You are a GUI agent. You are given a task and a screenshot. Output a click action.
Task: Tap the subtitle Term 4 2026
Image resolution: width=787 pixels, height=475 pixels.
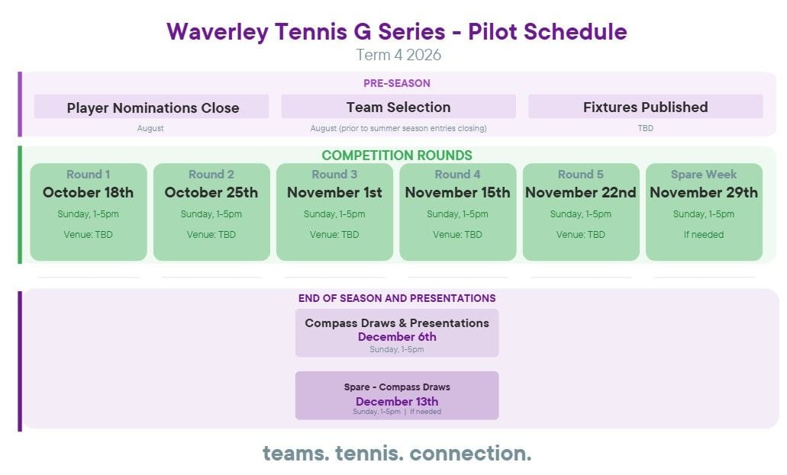pyautogui.click(x=398, y=55)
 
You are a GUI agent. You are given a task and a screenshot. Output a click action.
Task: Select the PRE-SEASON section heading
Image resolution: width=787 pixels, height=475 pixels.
pyautogui.click(x=396, y=83)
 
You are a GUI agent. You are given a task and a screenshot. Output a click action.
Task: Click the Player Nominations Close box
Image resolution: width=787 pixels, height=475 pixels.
pyautogui.click(x=152, y=107)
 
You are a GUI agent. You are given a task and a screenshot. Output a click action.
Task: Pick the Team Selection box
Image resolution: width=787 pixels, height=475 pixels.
pyautogui.click(x=398, y=107)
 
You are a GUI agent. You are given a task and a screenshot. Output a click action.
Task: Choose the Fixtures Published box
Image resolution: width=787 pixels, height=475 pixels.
pyautogui.click(x=646, y=107)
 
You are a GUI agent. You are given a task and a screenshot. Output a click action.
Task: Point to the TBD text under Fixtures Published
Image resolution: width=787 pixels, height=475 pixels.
pyautogui.click(x=646, y=128)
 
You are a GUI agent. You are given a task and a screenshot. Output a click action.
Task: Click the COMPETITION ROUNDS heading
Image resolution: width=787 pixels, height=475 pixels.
pyautogui.click(x=396, y=156)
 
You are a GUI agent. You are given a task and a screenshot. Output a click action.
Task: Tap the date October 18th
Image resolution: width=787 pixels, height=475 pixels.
pyautogui.click(x=89, y=193)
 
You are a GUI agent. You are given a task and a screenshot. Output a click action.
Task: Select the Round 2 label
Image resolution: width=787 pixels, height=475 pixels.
pyautogui.click(x=211, y=175)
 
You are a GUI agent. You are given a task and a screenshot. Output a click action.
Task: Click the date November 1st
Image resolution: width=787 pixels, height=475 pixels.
pyautogui.click(x=334, y=193)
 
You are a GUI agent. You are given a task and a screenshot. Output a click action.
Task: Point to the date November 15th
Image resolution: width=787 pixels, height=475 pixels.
pyautogui.click(x=457, y=193)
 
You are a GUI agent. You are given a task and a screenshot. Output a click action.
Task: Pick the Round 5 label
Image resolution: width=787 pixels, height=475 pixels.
pyautogui.click(x=581, y=175)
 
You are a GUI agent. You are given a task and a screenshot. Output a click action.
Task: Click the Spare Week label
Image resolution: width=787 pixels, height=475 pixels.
pyautogui.click(x=704, y=175)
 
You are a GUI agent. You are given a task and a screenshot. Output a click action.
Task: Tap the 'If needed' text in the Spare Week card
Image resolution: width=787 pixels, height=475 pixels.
pyautogui.click(x=704, y=235)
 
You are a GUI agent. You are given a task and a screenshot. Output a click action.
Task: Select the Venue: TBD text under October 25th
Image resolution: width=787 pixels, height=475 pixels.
pyautogui.click(x=211, y=235)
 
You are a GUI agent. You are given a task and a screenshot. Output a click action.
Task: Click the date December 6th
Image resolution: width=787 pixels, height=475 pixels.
pyautogui.click(x=397, y=337)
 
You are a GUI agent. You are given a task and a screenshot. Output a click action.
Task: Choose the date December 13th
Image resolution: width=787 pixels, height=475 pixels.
pyautogui.click(x=397, y=402)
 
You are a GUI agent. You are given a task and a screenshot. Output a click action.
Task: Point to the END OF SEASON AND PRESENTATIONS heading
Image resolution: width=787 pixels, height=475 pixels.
pyautogui.click(x=397, y=298)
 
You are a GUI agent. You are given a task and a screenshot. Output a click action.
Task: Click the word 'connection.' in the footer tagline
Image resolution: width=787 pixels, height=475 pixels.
pyautogui.click(x=470, y=454)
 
